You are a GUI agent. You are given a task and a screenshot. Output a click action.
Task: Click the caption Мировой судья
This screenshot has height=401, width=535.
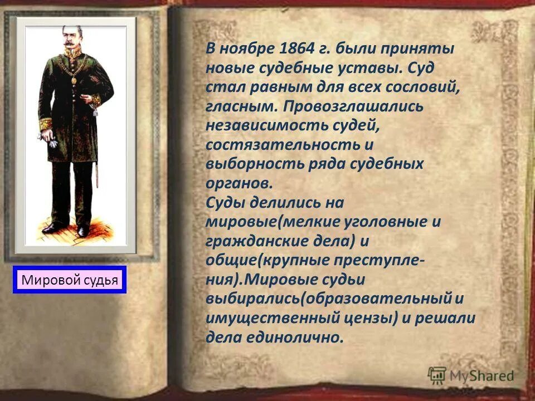(70, 280)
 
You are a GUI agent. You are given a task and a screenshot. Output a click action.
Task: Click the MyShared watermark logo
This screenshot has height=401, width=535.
(471, 376)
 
